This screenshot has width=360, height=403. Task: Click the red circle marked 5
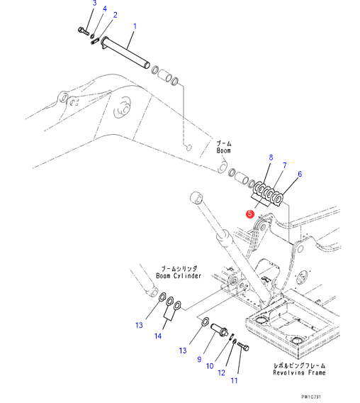pos(250,214)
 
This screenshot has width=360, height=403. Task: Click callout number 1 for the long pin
pos(135,26)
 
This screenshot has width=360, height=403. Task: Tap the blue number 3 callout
pos(94,3)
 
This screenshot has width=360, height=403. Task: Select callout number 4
pos(105,9)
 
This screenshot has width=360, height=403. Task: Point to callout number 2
pos(115,15)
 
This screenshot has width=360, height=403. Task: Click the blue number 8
pos(271,158)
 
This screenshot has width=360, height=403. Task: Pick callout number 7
pos(284,165)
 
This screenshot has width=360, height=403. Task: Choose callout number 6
pos(300,174)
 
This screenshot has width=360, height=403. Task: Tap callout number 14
pos(158,336)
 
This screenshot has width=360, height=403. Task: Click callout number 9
pos(199,359)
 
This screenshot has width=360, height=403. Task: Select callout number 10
pos(210,366)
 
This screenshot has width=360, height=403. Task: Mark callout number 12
pos(221,372)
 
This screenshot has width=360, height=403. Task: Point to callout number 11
pos(234,380)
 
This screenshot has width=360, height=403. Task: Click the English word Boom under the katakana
pos(223,150)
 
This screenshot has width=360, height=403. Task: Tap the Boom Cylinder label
pos(179,276)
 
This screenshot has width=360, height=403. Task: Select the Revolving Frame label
pos(299,372)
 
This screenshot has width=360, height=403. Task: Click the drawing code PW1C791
pos(311,397)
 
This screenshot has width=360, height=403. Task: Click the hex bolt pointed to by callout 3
pos(84,31)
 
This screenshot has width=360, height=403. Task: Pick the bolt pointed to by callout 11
pos(243,346)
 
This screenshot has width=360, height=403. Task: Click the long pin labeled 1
pos(125,53)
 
